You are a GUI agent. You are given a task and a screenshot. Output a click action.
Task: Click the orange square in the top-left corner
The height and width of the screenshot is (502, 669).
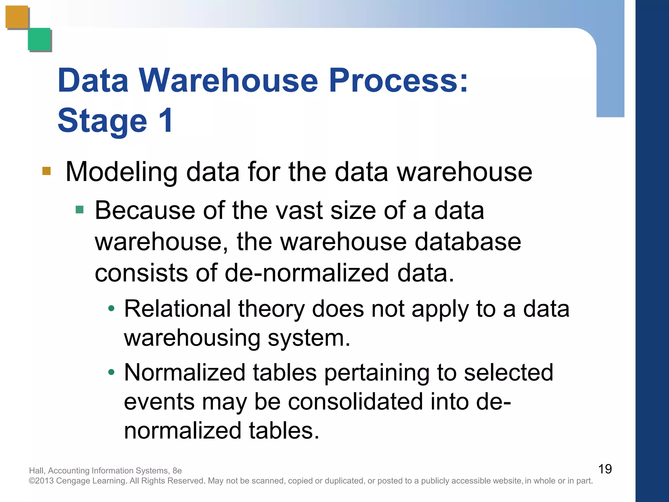[17, 17]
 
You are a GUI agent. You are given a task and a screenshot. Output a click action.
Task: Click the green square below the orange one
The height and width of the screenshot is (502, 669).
[39, 39]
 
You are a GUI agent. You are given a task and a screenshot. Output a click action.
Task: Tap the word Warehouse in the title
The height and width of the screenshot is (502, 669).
[228, 80]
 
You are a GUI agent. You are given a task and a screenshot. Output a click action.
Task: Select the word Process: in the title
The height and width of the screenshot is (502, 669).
[399, 80]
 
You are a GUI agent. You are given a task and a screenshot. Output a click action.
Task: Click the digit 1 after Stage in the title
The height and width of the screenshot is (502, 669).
[166, 120]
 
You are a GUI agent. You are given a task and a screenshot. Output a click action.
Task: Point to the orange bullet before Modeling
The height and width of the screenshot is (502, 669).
[47, 171]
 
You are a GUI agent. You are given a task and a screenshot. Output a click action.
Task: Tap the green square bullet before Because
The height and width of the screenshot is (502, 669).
[79, 209]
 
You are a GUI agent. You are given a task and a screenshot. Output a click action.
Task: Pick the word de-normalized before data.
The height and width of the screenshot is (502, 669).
[307, 273]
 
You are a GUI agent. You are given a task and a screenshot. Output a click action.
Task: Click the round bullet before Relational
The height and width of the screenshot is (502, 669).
[111, 308]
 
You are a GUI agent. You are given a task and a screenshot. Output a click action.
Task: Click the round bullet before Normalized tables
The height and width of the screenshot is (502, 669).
[111, 372]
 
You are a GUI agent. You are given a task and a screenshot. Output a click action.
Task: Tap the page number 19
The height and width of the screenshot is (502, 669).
[605, 469]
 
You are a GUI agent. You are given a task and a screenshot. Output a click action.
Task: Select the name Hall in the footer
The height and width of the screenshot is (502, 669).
[36, 471]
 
